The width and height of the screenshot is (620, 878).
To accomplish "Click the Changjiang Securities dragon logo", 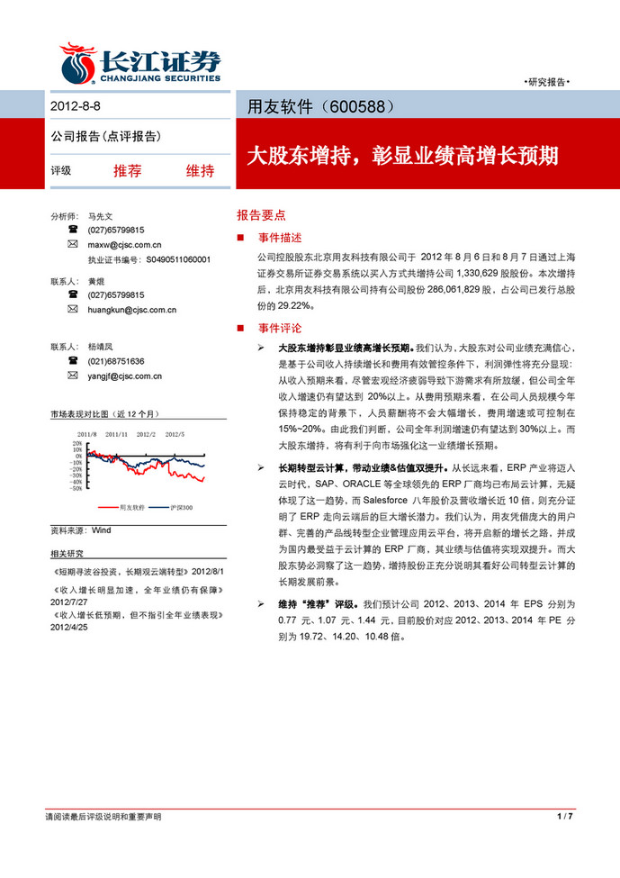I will coord(79,64).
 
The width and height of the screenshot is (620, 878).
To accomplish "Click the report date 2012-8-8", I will coord(76,105).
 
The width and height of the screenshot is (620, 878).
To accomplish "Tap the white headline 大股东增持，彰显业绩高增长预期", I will coord(402,155).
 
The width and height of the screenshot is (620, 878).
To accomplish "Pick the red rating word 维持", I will coord(199,170).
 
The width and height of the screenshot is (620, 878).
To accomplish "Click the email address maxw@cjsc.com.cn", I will coord(124,244).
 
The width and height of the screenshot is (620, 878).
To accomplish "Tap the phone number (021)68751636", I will coord(115,361).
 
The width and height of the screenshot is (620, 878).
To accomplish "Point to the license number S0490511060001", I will coord(178,258).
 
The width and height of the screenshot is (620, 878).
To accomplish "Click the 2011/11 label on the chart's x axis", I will coord(117,434).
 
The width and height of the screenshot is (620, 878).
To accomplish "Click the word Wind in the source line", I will coord(101,530).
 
